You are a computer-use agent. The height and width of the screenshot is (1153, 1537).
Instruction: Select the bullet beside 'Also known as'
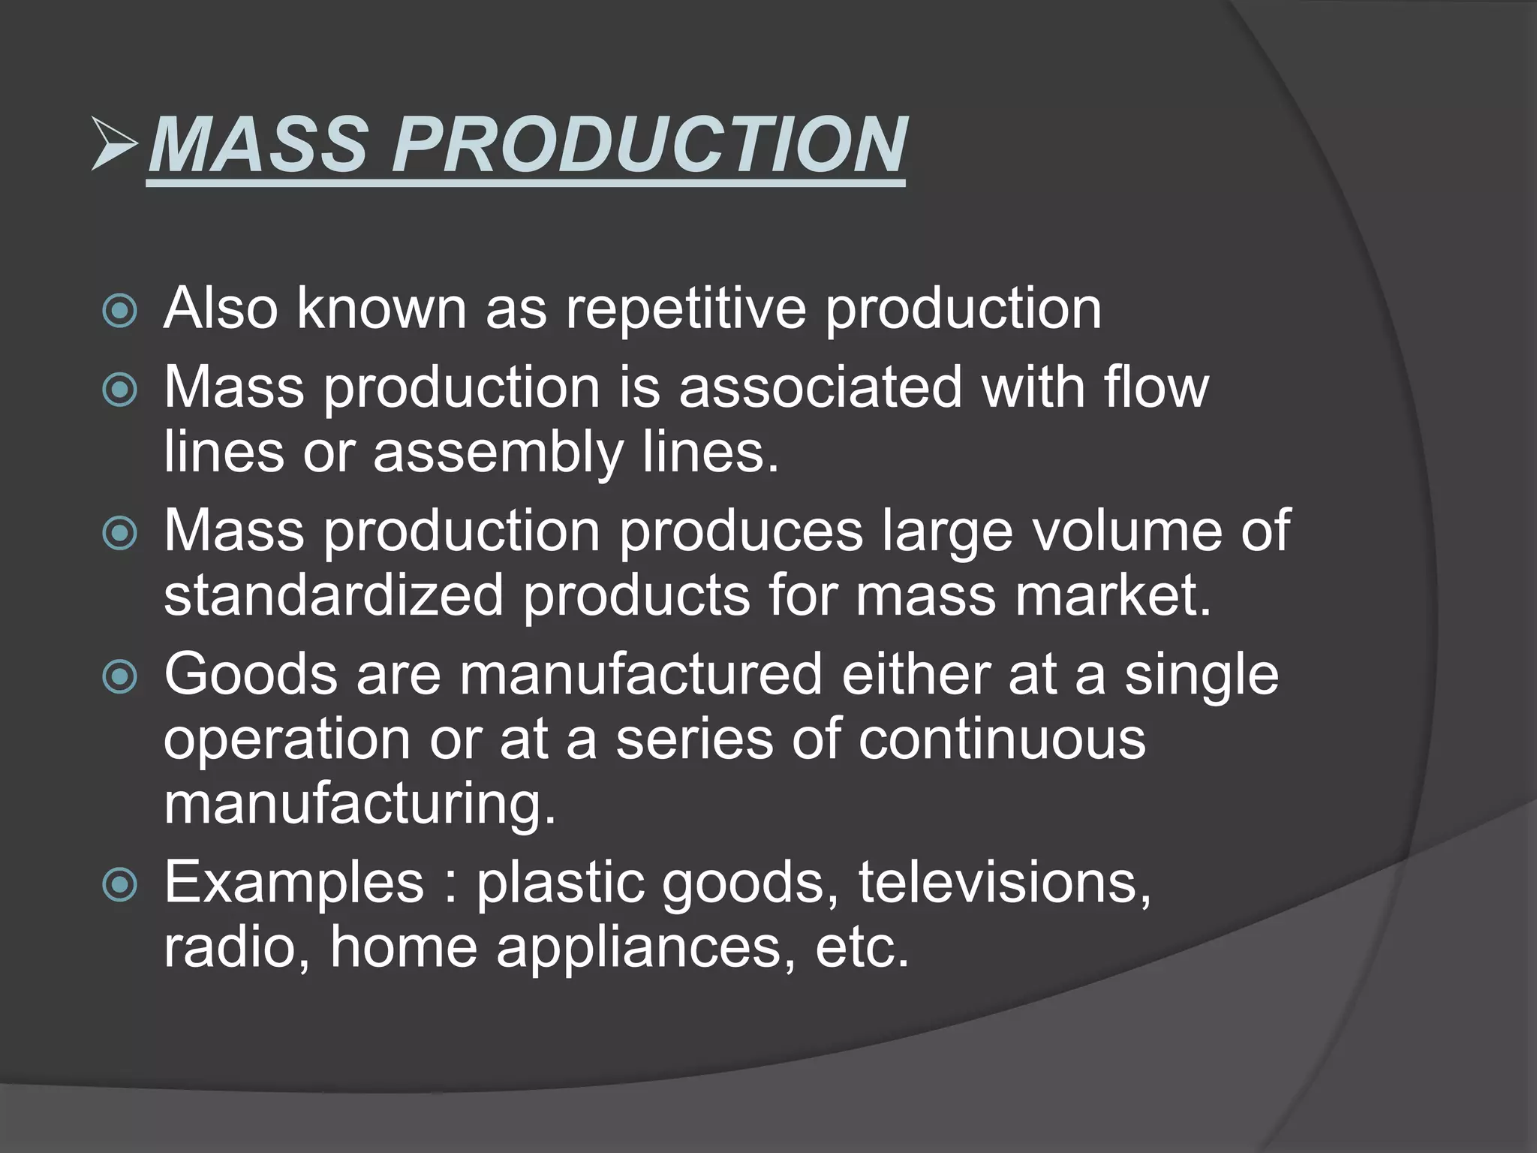coord(120,311)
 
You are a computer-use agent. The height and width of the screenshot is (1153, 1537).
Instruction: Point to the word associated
coord(820,387)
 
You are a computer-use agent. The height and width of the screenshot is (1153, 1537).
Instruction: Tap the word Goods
coord(251,674)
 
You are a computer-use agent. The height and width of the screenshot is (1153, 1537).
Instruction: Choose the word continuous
coord(1002,739)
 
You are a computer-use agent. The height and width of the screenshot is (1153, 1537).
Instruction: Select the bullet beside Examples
coord(120,885)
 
